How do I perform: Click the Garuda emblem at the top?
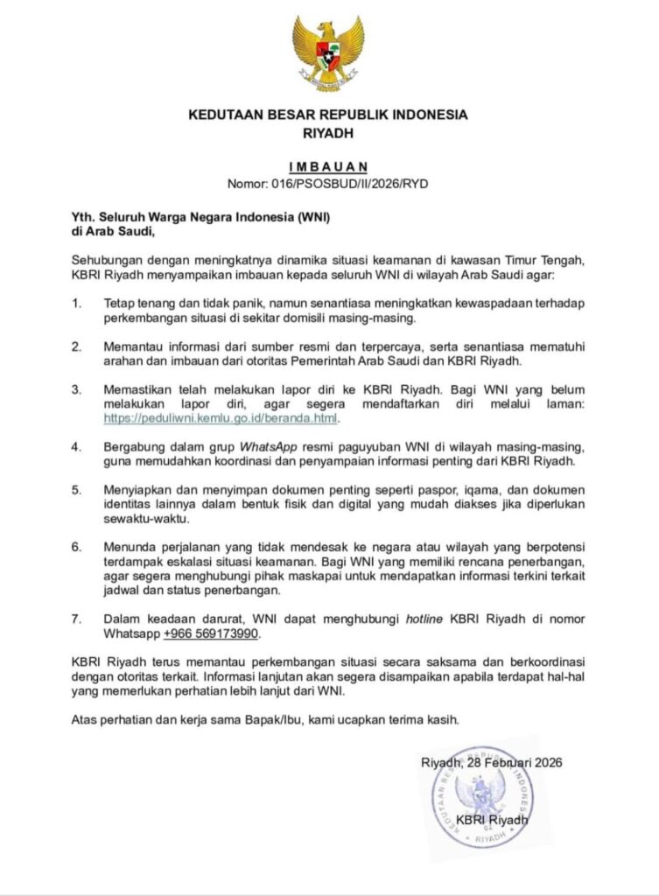[328, 53]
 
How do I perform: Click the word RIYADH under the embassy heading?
[328, 134]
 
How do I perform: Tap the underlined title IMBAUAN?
[328, 166]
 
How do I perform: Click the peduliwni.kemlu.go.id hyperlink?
[220, 418]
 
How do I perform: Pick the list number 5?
[77, 489]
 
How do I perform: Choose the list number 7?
[77, 618]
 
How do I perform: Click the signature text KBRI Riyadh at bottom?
[492, 820]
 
